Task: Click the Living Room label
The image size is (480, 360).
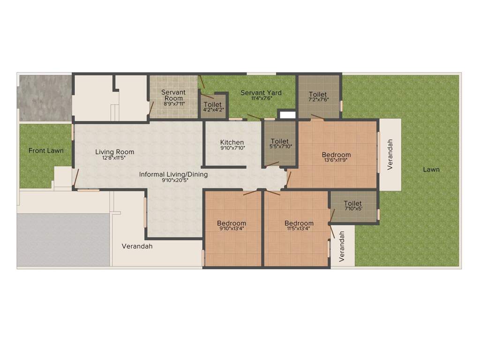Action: pos(114,152)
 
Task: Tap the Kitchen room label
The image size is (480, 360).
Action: pos(232,142)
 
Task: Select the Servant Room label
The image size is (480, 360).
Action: pos(173,95)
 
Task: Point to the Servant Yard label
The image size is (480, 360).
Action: pos(261,93)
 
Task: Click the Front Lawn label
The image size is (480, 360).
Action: pos(46,150)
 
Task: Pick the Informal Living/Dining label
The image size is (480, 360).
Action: pos(173,174)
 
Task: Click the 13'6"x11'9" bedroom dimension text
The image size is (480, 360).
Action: pos(336,160)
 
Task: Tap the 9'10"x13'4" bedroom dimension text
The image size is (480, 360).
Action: pos(232,229)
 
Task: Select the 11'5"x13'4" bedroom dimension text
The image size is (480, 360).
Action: pos(299,229)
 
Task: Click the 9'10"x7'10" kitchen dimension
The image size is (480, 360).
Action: pos(232,148)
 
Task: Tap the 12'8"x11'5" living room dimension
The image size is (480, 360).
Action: pos(114,157)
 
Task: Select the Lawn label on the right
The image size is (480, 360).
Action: pos(431,169)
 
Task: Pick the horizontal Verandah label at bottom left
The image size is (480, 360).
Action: pos(137,246)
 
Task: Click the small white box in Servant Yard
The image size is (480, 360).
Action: pos(287,114)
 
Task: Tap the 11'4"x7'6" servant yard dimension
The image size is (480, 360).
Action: pos(261,98)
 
